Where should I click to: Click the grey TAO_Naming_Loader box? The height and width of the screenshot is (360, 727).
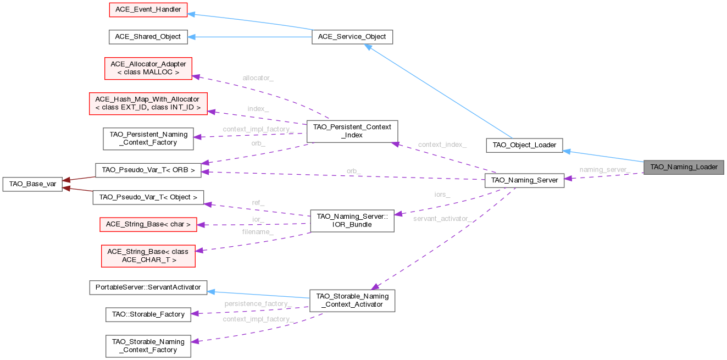click(x=684, y=167)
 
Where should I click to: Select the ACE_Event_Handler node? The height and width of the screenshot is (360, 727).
click(x=148, y=9)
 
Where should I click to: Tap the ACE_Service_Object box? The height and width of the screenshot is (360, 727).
click(x=352, y=37)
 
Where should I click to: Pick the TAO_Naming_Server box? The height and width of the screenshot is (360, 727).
click(x=524, y=180)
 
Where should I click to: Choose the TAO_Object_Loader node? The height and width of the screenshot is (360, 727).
click(x=525, y=145)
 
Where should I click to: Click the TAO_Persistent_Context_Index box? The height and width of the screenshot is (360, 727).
click(x=352, y=131)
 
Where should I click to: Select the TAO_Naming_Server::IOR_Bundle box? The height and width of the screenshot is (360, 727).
click(x=352, y=220)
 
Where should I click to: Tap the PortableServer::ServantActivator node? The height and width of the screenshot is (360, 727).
click(x=148, y=287)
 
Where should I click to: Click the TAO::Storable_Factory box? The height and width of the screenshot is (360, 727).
click(x=148, y=314)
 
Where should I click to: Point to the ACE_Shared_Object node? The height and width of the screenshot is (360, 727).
click(x=148, y=37)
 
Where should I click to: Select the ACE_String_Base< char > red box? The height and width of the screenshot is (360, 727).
click(x=148, y=224)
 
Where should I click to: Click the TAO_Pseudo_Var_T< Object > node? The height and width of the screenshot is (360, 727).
click(x=148, y=197)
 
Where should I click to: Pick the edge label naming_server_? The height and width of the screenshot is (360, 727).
click(x=604, y=169)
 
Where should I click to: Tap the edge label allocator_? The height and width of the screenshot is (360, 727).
click(x=258, y=78)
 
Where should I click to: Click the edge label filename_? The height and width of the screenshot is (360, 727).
click(x=258, y=232)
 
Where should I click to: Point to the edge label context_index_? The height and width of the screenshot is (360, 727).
click(x=442, y=145)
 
